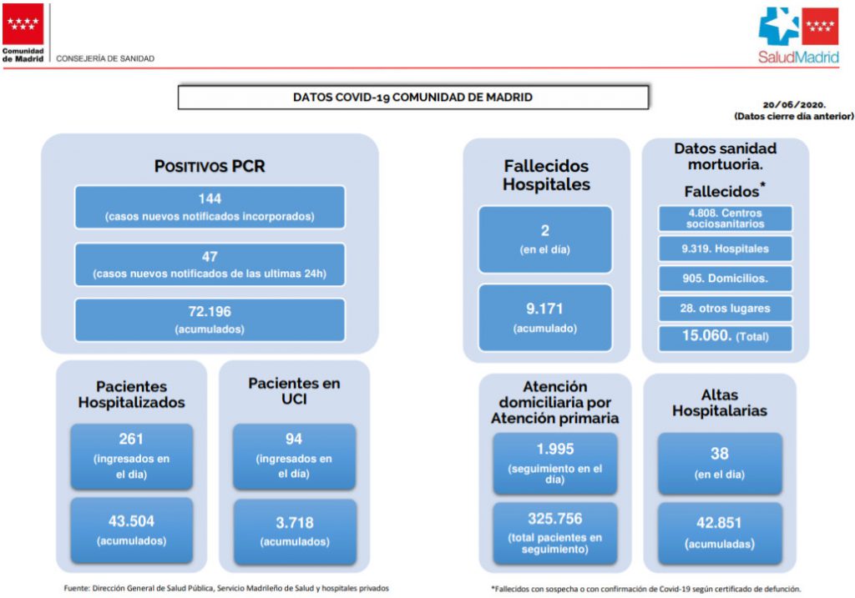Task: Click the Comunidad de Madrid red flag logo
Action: [23, 24]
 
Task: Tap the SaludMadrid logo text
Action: [798, 58]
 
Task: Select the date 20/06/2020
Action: [794, 104]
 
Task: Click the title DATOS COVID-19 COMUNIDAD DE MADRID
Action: [412, 98]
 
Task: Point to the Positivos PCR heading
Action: [210, 166]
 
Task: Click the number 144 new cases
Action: [210, 198]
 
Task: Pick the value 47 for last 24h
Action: [210, 257]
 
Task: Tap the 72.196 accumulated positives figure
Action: [210, 312]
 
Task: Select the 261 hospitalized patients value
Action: [131, 439]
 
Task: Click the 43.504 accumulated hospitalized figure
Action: [131, 521]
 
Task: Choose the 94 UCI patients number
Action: [294, 439]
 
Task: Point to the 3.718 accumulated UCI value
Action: [295, 523]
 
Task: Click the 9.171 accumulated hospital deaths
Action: [544, 309]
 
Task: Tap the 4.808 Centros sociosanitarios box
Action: [726, 219]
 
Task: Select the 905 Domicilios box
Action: [726, 279]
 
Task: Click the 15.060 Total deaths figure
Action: [706, 335]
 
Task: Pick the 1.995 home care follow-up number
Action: [555, 450]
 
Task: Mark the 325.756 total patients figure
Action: [555, 519]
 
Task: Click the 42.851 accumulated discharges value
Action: [719, 523]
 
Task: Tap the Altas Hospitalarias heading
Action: [719, 403]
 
